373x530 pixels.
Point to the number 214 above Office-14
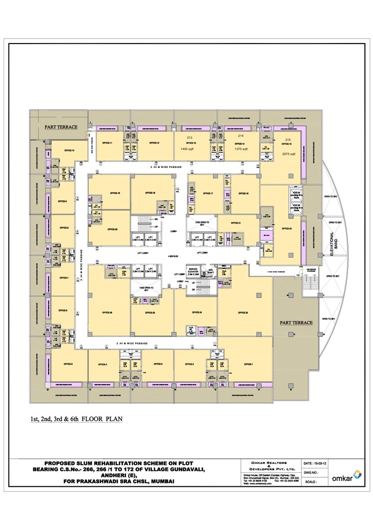pyautogui.click(x=240, y=136)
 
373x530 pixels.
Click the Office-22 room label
pyautogui.click(x=287, y=228)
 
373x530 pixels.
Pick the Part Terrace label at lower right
pyautogui.click(x=296, y=322)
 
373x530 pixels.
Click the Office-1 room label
pyautogui.click(x=249, y=364)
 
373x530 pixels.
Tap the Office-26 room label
pyautogui.click(x=107, y=313)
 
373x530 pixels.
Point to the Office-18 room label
pyautogui.click(x=150, y=193)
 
